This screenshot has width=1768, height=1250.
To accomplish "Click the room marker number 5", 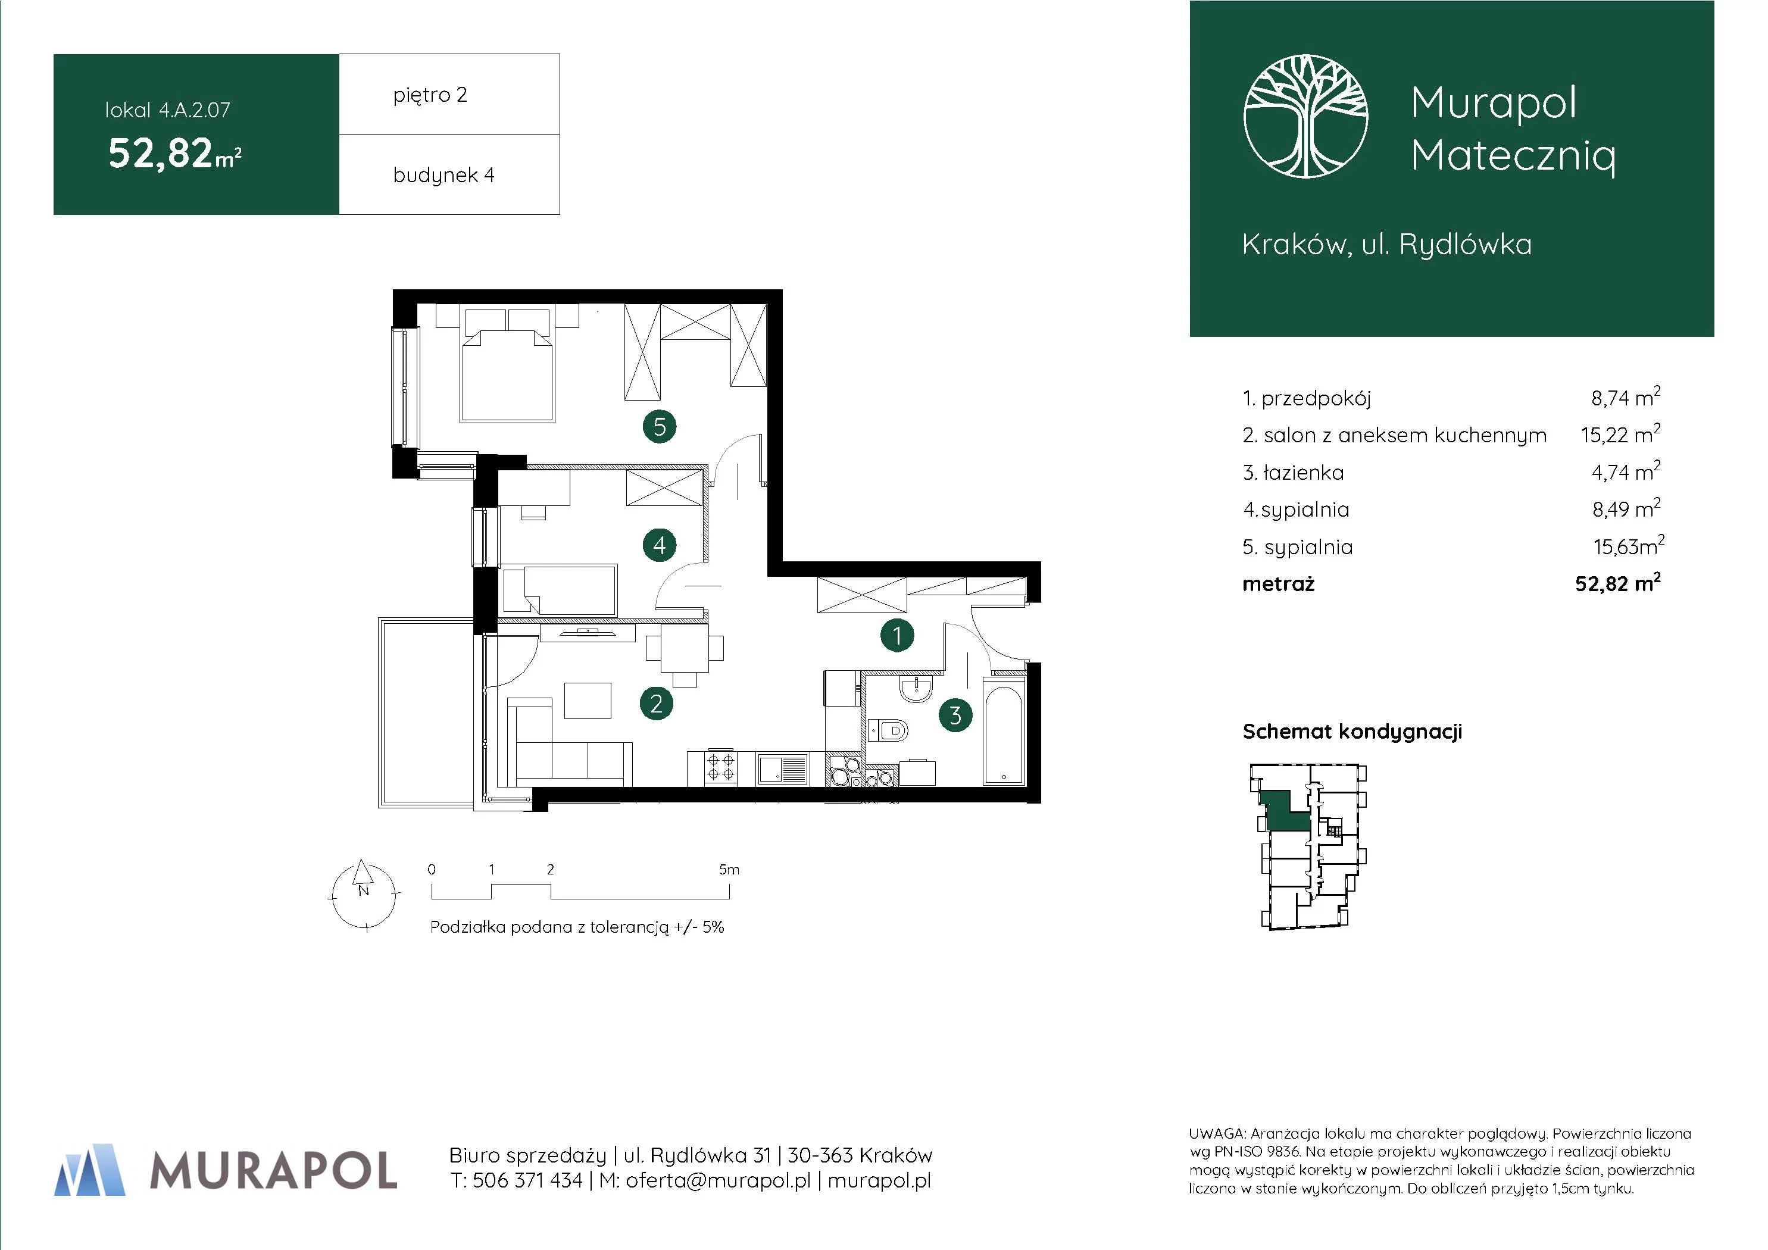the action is (659, 426).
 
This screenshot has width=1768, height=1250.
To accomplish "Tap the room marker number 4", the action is (659, 545).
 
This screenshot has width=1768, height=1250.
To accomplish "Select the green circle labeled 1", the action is (897, 635).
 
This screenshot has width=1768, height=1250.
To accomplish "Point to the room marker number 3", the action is (955, 715).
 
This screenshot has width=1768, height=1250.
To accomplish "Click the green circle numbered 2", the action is (656, 703).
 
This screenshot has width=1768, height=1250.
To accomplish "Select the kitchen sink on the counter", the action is (782, 768).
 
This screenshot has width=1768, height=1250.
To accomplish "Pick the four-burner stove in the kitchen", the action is (721, 768).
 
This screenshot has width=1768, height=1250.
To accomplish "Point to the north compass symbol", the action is (364, 894).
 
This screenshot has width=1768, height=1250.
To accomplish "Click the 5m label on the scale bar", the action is (729, 870).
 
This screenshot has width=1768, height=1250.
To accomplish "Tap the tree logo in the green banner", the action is (1306, 116).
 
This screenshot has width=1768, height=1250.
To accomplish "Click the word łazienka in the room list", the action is (1304, 472).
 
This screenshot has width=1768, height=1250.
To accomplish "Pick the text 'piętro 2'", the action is (430, 95).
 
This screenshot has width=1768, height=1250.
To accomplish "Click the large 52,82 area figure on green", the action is (160, 152).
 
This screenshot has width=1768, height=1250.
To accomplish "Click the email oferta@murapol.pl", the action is (718, 1181).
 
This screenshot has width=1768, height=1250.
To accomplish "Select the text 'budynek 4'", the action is (443, 176).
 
